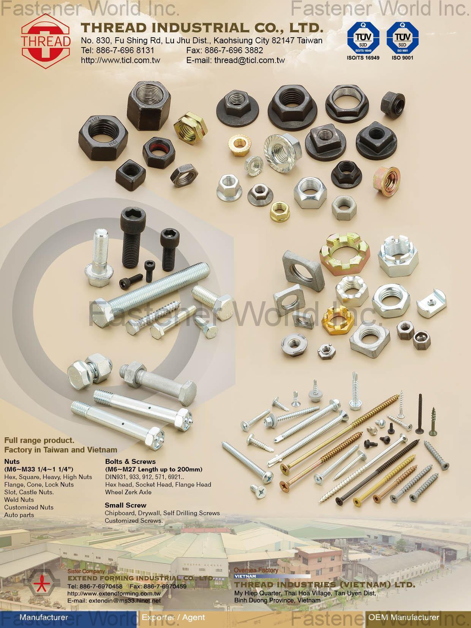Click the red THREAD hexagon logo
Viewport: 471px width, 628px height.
pos(46,41)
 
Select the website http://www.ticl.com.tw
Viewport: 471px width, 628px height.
pos(120,60)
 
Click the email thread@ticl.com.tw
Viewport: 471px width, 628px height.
pos(235,60)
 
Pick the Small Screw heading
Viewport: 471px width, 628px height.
pos(125,505)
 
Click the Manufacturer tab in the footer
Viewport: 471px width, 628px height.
pos(44,617)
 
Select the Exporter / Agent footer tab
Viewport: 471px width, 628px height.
pos(173,617)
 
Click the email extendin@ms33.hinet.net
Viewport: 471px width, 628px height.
pos(114,601)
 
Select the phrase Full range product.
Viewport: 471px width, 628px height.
pos(39,441)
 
